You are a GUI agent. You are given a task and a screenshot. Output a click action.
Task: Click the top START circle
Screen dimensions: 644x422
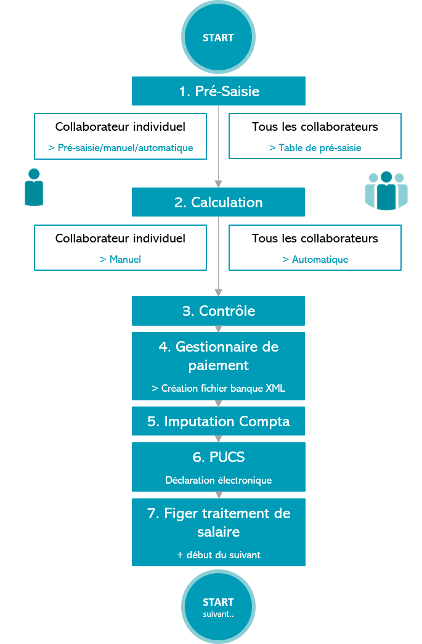tap(218, 38)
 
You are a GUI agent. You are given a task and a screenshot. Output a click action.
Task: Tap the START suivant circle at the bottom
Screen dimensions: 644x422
tap(218, 606)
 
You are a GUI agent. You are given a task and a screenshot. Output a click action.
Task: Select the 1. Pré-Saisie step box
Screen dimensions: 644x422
tap(219, 91)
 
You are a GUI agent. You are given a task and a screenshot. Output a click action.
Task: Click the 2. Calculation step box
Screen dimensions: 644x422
tap(218, 202)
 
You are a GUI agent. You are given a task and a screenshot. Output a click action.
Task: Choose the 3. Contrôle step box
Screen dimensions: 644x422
tap(218, 311)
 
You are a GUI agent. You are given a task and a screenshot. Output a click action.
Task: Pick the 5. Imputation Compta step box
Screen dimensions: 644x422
tap(218, 421)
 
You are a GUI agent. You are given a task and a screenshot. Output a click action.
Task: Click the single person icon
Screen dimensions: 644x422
tap(34, 187)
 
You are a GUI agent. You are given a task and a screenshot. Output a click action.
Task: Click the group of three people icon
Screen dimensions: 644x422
tap(386, 191)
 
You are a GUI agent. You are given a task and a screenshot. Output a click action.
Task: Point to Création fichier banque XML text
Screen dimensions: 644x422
tap(218, 389)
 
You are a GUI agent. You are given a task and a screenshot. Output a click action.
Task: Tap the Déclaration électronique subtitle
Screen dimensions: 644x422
tap(218, 480)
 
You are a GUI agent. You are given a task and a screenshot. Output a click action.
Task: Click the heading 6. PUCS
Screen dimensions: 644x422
tap(218, 457)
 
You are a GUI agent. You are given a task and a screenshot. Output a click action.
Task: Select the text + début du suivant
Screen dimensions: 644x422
tap(218, 555)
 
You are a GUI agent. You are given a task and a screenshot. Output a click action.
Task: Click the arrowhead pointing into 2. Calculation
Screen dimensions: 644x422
tap(218, 184)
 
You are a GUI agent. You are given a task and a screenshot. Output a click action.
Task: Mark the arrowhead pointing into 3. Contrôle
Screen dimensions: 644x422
tap(218, 292)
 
